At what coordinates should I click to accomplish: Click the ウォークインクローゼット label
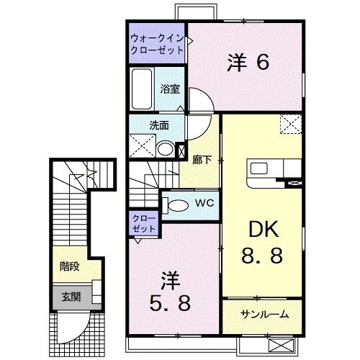(157, 44)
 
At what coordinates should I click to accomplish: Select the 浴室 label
(171, 91)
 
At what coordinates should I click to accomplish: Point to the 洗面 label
(158, 125)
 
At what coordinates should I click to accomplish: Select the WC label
(204, 204)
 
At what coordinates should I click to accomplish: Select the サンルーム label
(265, 314)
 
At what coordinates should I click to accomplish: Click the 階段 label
(70, 265)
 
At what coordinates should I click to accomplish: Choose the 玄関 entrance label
(70, 297)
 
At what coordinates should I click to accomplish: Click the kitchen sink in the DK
(257, 170)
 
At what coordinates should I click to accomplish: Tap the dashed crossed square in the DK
(291, 124)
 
